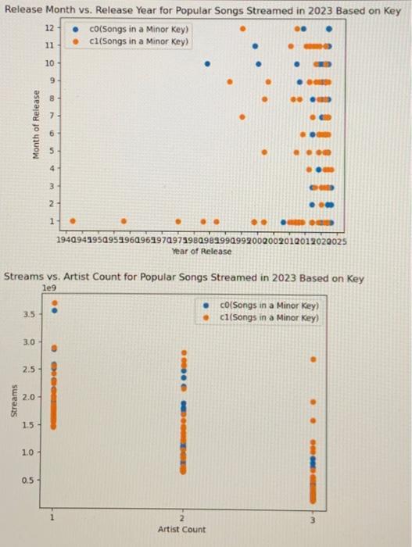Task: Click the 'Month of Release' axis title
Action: tap(36, 125)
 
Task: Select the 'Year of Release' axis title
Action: tap(202, 251)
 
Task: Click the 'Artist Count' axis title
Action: tap(181, 529)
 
